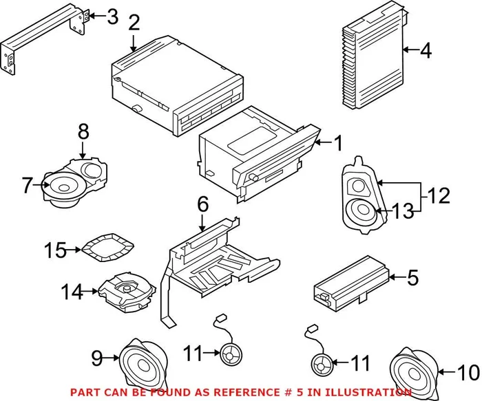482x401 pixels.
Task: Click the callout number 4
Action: tap(426, 50)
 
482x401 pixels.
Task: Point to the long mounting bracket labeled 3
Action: tap(41, 34)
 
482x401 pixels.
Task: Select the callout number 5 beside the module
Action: tap(413, 279)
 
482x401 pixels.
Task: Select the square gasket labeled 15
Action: tap(107, 246)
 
